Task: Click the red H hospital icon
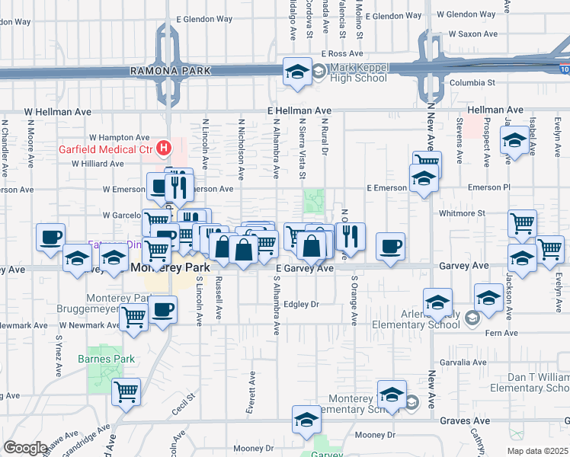tap(162, 147)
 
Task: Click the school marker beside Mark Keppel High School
tap(296, 73)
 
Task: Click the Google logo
tap(25, 447)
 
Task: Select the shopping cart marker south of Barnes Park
tap(126, 391)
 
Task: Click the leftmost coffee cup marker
tap(51, 237)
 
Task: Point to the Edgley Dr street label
tap(300, 304)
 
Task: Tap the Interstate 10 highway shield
tap(564, 69)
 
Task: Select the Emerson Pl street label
tap(489, 187)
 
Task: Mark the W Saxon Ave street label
tap(472, 34)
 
